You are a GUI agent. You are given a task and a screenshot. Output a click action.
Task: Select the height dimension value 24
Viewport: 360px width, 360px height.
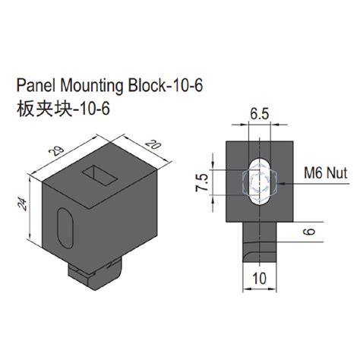click(x=24, y=204)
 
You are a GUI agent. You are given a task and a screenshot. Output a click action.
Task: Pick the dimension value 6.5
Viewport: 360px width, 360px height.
click(x=258, y=115)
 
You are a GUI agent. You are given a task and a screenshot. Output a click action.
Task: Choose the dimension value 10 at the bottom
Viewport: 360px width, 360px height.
click(x=259, y=279)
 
